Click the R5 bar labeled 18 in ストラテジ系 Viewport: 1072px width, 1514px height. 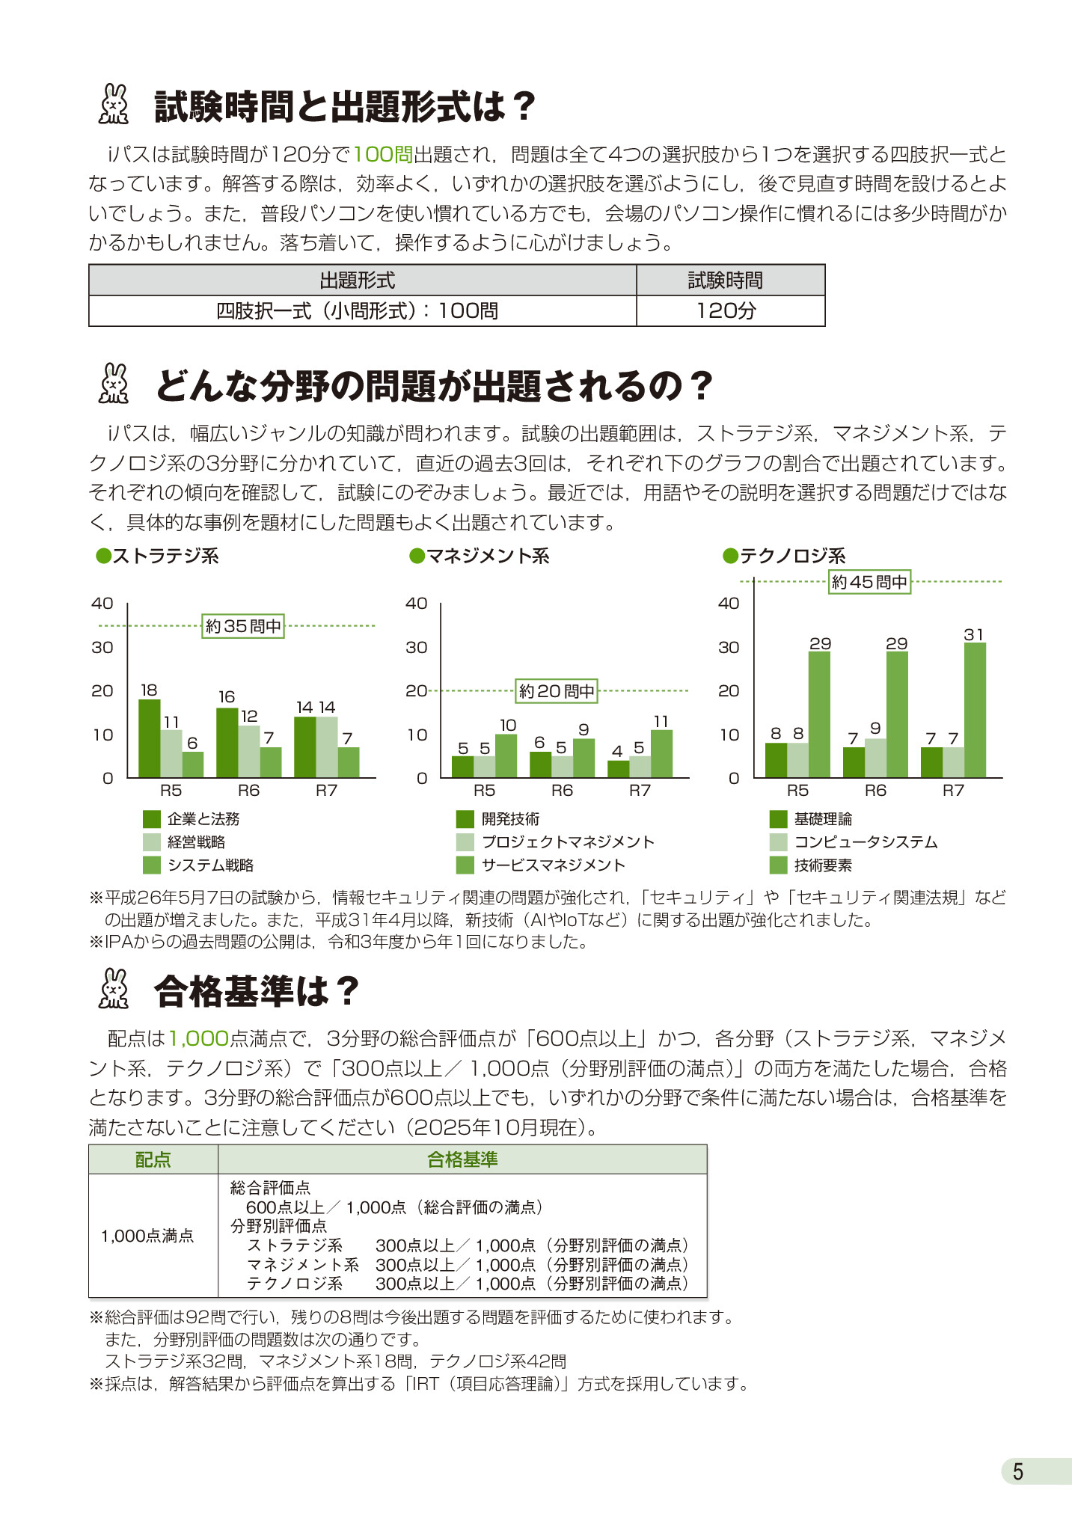click(150, 738)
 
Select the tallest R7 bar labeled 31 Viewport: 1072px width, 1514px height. click(975, 710)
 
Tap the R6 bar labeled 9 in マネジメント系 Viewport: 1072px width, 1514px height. click(584, 758)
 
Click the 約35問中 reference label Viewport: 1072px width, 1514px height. click(243, 626)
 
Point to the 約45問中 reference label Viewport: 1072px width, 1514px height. click(869, 582)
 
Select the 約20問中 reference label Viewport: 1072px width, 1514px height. click(557, 691)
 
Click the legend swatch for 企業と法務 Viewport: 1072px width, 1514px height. click(152, 819)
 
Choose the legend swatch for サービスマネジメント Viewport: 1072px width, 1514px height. click(465, 865)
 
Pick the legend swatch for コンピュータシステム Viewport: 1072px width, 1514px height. click(778, 842)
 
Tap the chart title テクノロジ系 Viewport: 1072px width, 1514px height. click(792, 556)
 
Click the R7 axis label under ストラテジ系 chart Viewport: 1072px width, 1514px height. click(326, 791)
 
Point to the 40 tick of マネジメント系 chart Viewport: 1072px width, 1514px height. click(417, 604)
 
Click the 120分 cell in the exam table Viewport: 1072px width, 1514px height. click(726, 311)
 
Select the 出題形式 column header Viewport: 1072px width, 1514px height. click(358, 281)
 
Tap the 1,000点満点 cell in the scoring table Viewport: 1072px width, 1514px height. click(147, 1236)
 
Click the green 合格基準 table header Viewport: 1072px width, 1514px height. click(462, 1159)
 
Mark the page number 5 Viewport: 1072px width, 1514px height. click(1017, 1472)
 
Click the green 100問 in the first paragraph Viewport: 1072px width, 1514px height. click(383, 155)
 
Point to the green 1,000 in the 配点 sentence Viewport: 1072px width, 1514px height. click(198, 1038)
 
